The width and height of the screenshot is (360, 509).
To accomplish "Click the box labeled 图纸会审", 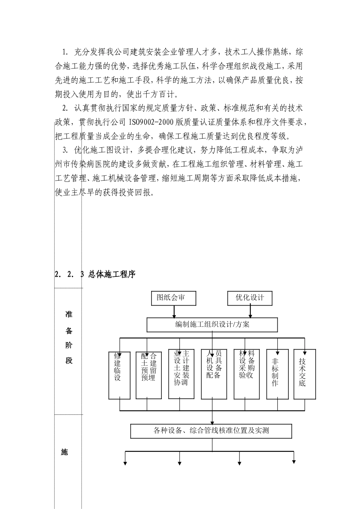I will pyautogui.click(x=174, y=298).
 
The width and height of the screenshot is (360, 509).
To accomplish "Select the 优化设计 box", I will pyautogui.click(x=250, y=298).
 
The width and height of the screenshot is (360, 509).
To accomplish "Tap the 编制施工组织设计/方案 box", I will pyautogui.click(x=212, y=325).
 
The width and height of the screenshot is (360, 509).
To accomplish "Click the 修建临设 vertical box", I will pyautogui.click(x=119, y=375).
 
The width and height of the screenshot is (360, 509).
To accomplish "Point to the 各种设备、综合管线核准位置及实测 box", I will pyautogui.click(x=211, y=431).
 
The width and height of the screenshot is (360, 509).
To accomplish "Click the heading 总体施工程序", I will pyautogui.click(x=112, y=275).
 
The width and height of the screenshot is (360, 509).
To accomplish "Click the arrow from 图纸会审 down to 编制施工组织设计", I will pyautogui.click(x=174, y=311).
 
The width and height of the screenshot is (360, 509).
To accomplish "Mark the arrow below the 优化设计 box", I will pyautogui.click(x=250, y=311).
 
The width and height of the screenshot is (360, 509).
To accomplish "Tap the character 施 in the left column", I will pyautogui.click(x=64, y=452).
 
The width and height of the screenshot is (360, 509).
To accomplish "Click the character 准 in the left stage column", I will pyautogui.click(x=69, y=314).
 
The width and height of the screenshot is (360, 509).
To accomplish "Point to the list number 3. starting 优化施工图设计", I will pyautogui.click(x=66, y=150).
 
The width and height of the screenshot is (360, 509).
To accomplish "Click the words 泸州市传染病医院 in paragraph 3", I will pyautogui.click(x=80, y=164).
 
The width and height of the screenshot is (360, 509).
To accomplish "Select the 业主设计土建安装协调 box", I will pyautogui.click(x=181, y=373).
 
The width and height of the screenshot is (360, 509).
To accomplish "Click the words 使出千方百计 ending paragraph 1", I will pyautogui.click(x=149, y=94).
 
